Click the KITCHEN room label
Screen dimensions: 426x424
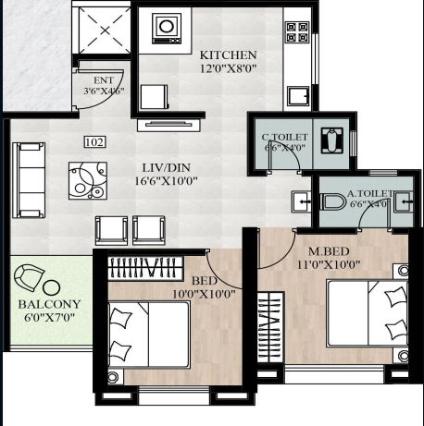[x=221, y=55]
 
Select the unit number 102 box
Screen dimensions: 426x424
[x=94, y=141]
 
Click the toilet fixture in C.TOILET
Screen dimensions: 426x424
[x=333, y=141]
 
